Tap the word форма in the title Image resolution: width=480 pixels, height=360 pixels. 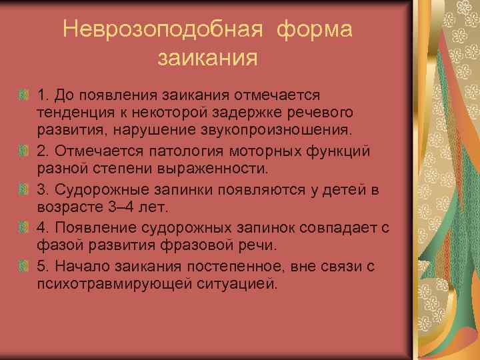(313, 30)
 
